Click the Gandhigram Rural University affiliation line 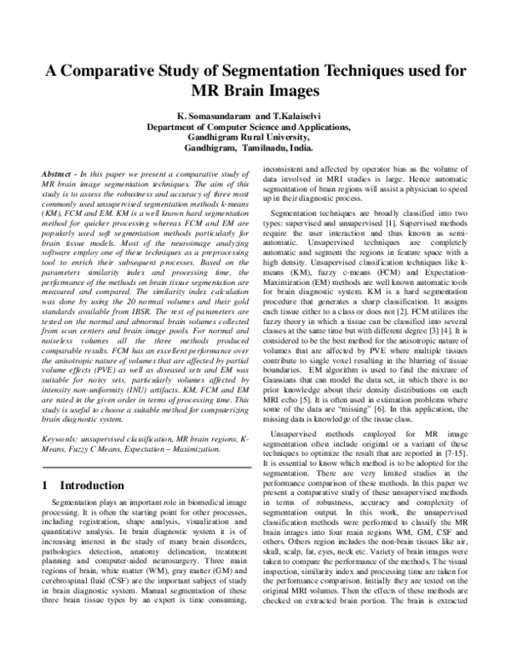click(x=255, y=135)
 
